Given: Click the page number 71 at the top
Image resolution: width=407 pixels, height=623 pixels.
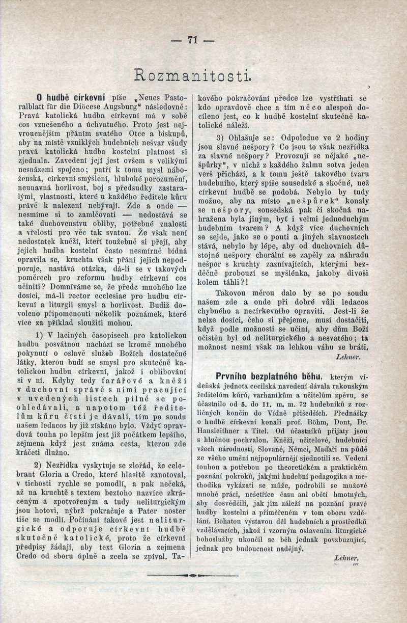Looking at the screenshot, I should (192, 41).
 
